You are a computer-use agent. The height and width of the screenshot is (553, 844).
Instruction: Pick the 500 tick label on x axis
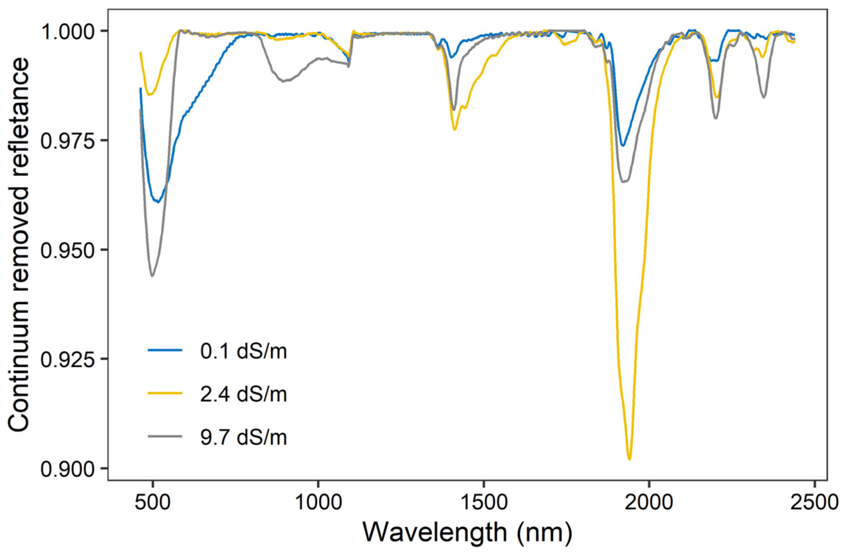point(153,502)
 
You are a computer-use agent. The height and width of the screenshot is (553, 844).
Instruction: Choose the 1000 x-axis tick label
point(318,502)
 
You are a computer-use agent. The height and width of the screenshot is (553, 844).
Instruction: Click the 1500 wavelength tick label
point(484,502)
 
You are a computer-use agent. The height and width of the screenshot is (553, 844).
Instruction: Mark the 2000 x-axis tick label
point(649,502)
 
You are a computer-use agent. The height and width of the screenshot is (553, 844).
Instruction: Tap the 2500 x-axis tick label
point(815,502)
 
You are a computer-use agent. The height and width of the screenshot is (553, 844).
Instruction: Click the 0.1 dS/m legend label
point(244,351)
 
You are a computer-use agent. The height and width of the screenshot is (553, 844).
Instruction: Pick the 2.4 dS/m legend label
point(244,394)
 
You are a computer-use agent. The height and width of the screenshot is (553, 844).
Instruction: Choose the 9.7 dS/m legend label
point(244,437)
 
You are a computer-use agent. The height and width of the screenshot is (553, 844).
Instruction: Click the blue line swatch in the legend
point(165,350)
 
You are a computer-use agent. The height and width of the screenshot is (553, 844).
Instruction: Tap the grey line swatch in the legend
point(165,436)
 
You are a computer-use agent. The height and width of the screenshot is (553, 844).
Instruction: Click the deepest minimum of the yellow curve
point(630,459)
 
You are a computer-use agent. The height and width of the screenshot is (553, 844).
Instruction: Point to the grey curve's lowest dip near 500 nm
point(152,276)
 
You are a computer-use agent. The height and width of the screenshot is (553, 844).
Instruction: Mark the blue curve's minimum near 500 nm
point(158,202)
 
